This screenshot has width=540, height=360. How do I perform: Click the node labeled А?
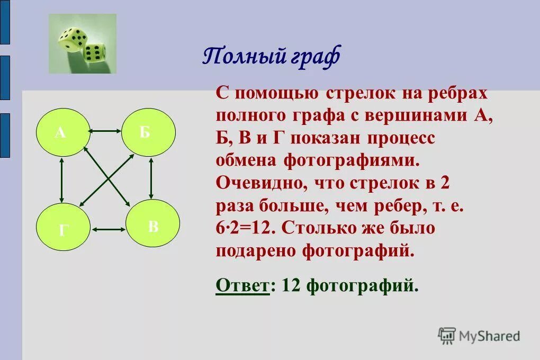pyautogui.click(x=60, y=132)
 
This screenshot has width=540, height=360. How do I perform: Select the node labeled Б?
pyautogui.click(x=148, y=132)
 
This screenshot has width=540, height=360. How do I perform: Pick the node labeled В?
pyautogui.click(x=153, y=226)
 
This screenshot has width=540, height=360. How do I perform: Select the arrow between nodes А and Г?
pyautogui.click(x=62, y=180)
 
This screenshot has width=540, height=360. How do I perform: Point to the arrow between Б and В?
pyautogui.click(x=151, y=178)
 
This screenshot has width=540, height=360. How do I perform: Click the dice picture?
pyautogui.click(x=83, y=43)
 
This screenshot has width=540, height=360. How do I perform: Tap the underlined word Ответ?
pyautogui.click(x=242, y=286)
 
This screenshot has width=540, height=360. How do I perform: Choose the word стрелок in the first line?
pyautogui.click(x=358, y=93)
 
